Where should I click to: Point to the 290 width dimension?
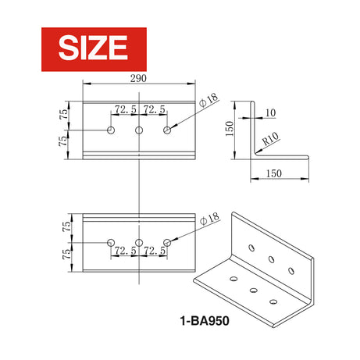tap(139, 80)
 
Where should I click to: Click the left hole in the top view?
tap(111, 130)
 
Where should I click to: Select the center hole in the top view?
tap(139, 130)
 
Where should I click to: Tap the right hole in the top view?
tap(166, 130)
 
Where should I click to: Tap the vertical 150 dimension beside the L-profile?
tap(230, 127)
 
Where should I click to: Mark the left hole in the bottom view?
tap(111, 242)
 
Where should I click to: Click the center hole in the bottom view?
tap(139, 242)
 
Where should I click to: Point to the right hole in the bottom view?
tap(166, 242)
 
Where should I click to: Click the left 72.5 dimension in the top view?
tap(125, 110)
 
